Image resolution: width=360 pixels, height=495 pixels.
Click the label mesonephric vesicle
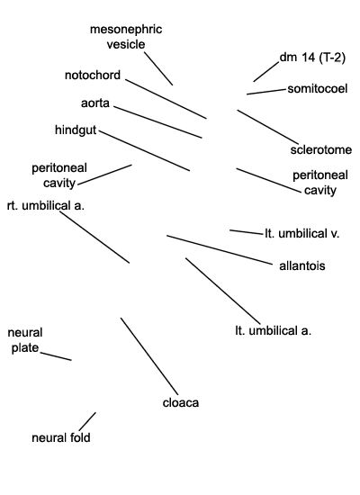pyautogui.click(x=126, y=37)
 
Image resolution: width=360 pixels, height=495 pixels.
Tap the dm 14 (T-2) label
pyautogui.click(x=312, y=58)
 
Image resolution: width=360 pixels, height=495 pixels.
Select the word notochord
pyautogui.click(x=93, y=75)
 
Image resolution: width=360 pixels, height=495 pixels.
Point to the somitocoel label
pyautogui.click(x=318, y=89)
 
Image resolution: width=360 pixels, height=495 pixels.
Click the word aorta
pyautogui.click(x=95, y=103)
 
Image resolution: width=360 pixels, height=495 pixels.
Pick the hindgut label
pyautogui.click(x=76, y=130)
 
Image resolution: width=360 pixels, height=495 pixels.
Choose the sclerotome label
pyautogui.click(x=320, y=149)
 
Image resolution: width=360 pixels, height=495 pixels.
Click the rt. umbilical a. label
pyautogui.click(x=46, y=205)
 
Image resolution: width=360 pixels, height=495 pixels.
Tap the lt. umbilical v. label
pyautogui.click(x=301, y=234)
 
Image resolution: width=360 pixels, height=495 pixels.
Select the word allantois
pyautogui.click(x=302, y=265)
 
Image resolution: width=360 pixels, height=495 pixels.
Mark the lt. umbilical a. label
pyautogui.click(x=274, y=331)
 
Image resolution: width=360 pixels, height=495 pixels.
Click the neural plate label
pyautogui.click(x=25, y=340)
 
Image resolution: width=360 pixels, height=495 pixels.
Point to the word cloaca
pyautogui.click(x=181, y=403)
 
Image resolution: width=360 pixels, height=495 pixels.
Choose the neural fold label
pyautogui.click(x=61, y=438)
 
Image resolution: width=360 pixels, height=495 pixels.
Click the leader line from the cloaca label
pyautogui.click(x=149, y=356)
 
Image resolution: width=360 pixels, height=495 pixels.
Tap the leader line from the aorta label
pyautogui.click(x=157, y=122)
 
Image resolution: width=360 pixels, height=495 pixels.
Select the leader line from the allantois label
pyautogui.click(x=220, y=249)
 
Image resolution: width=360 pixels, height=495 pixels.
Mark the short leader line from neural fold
pyautogui.click(x=87, y=421)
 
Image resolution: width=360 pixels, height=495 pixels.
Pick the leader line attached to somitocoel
pyautogui.click(x=265, y=92)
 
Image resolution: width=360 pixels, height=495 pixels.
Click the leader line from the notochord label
pyautogui.click(x=166, y=99)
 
